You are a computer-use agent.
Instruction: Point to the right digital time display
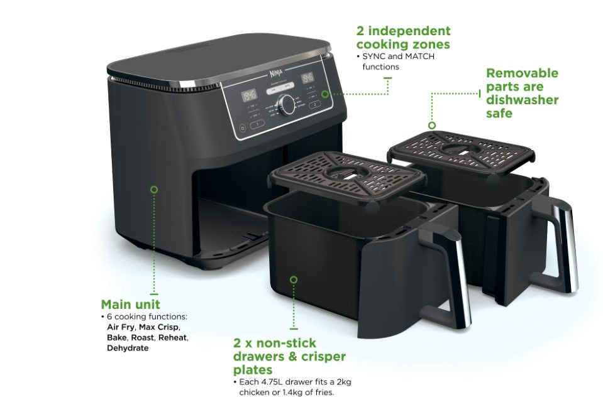(x=307, y=78)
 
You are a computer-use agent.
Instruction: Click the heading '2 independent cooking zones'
(x=403, y=38)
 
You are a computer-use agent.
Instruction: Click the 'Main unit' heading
(x=131, y=305)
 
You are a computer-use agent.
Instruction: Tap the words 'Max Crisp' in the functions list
(x=160, y=327)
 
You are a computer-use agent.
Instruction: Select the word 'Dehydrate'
(x=128, y=347)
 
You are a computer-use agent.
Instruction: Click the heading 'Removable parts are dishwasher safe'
(x=522, y=93)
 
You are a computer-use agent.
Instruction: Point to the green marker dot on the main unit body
(x=154, y=188)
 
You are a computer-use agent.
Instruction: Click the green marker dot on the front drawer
(x=294, y=279)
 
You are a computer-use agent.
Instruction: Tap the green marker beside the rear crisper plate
(x=432, y=125)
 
